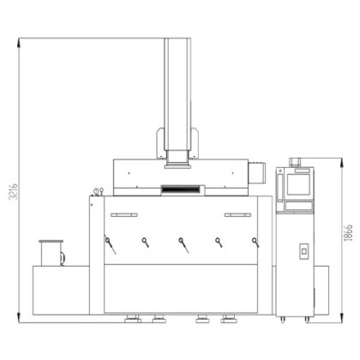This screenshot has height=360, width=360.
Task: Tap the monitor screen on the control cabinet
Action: point(300,183)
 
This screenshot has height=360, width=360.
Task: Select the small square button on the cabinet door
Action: point(302,252)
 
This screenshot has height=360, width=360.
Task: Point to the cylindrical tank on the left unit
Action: point(51,254)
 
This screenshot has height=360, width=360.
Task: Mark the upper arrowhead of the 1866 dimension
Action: point(338,159)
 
